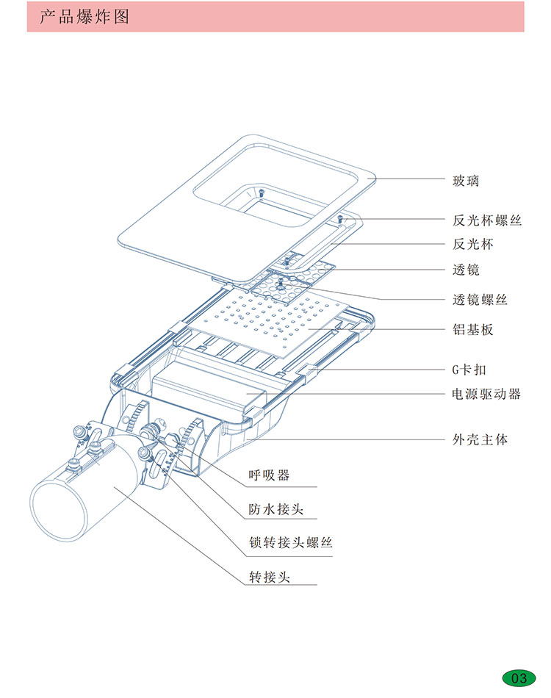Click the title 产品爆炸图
84,17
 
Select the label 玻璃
465,179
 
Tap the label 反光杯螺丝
486,220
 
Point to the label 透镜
465,270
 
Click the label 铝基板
472,329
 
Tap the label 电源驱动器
486,394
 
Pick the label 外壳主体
479,440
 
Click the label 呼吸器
269,475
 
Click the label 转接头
269,577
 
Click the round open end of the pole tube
55,508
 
